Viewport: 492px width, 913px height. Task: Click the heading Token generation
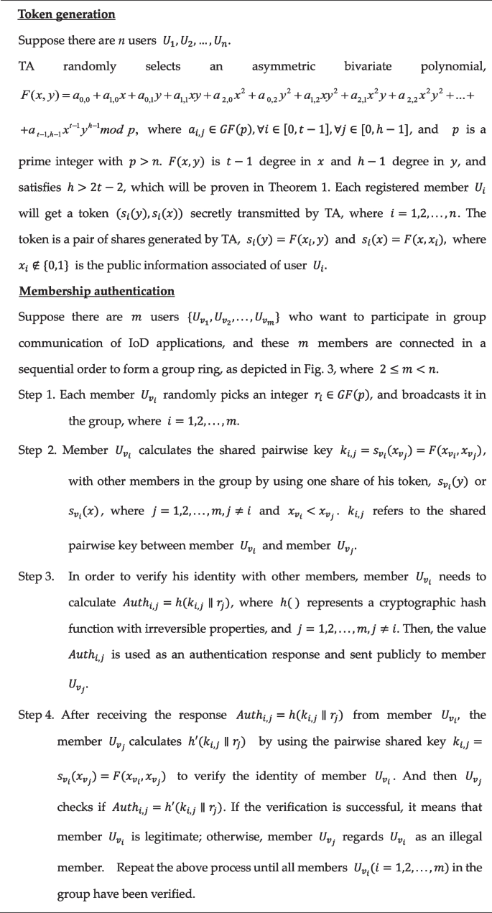coord(56,14)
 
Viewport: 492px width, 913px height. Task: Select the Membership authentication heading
coord(96,291)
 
